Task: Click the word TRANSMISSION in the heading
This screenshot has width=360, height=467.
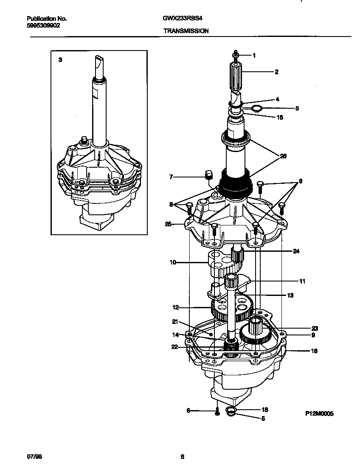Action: point(186,31)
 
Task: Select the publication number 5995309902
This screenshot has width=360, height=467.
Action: point(43,25)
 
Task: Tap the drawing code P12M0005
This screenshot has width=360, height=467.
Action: point(319,413)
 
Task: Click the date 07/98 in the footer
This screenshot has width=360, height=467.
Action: point(34,457)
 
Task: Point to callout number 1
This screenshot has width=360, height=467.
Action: point(254,55)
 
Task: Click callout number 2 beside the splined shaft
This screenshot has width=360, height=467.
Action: point(276,72)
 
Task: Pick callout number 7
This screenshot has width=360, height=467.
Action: point(171,177)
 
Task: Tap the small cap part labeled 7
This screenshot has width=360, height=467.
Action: point(208,174)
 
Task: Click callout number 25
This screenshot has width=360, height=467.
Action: point(168,224)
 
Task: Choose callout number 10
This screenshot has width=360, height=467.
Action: point(172,263)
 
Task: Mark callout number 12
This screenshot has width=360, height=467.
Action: point(175,307)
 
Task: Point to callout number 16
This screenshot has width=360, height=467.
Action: point(314,351)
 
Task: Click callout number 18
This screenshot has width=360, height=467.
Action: point(264,410)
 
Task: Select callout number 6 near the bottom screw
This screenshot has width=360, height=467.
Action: point(188,411)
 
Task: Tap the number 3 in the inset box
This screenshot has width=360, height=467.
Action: point(60,60)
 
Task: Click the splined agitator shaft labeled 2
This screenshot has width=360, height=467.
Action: point(236,77)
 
